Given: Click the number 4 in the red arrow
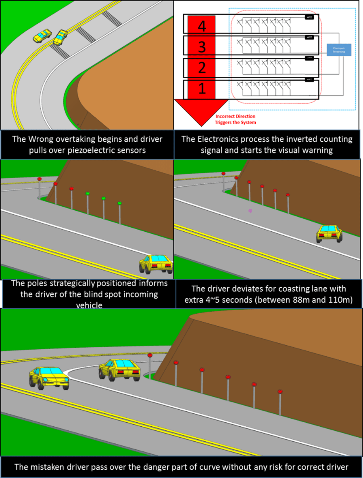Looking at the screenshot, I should click(202, 27).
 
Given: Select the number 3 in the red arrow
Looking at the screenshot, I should click(202, 47).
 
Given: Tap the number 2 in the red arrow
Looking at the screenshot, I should click(202, 68).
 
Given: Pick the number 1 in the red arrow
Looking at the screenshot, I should click(202, 88).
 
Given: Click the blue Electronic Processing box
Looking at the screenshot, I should click(339, 50).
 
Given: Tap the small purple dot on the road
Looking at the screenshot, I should click(250, 211).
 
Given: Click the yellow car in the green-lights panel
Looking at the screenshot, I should click(156, 264).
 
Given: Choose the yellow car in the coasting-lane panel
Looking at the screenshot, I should click(329, 233).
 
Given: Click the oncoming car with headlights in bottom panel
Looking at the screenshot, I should click(48, 378).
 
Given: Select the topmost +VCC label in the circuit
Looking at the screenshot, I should click(309, 18).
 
